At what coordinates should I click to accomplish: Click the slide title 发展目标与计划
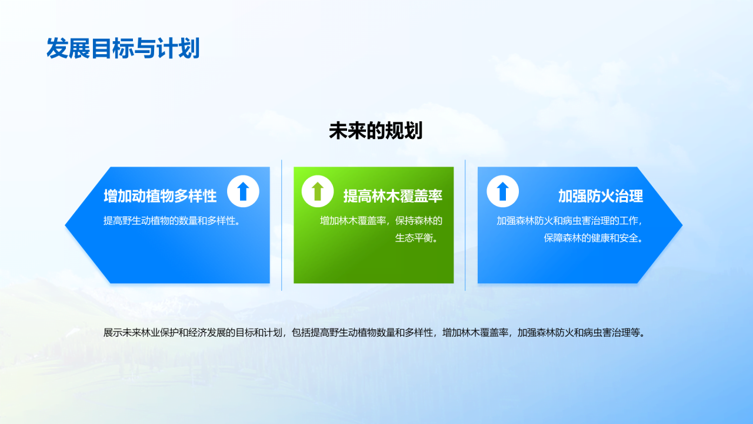(123, 48)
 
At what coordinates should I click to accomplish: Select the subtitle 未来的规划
(375, 131)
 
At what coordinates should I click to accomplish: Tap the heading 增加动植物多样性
(160, 196)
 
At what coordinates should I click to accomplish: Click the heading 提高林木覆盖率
(392, 196)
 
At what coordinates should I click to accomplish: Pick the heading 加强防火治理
(600, 196)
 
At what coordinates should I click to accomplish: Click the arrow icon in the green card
(318, 191)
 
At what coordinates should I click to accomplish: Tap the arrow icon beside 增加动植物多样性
(243, 191)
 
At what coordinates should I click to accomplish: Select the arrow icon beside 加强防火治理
(503, 191)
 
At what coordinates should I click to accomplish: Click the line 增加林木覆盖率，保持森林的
(381, 221)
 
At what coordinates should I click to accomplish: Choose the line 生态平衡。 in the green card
(418, 238)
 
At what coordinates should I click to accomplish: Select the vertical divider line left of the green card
(282, 225)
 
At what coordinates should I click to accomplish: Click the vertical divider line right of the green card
(465, 225)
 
